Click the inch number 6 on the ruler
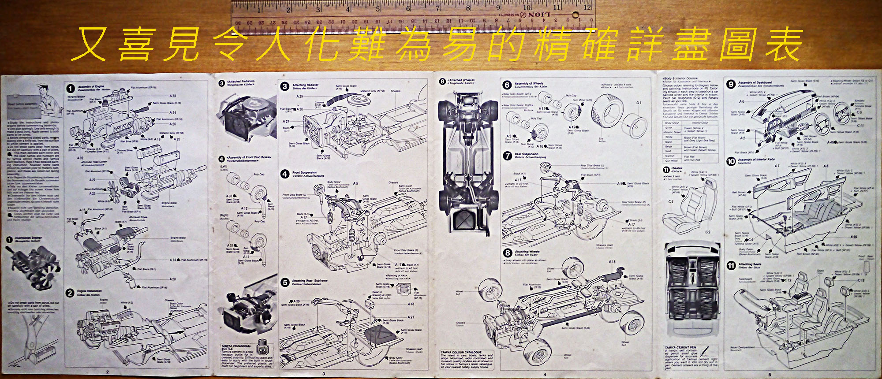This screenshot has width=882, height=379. point(408,8)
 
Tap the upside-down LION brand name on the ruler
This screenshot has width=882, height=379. point(539,15)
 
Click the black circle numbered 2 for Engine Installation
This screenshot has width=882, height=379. point(70,293)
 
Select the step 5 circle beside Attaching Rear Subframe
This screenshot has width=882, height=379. point(285,282)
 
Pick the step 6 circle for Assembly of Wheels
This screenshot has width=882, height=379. point(507,85)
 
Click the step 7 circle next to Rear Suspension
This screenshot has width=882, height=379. point(507,156)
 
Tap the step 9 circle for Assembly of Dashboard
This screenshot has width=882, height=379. point(731,84)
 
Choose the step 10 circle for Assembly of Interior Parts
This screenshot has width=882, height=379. point(731,161)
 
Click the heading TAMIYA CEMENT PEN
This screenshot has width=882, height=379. point(680,348)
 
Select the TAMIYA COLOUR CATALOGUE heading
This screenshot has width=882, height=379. point(461,352)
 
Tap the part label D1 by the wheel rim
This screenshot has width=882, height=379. point(639,103)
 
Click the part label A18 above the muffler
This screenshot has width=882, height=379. point(612,262)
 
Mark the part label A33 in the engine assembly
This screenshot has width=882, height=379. point(173,96)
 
